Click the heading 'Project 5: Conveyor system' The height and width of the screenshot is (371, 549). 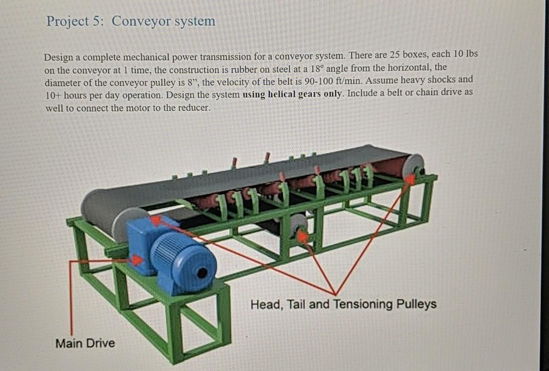tap(131, 22)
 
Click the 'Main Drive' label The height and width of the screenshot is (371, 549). tap(85, 343)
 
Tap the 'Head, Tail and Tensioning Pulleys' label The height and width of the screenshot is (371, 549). tap(343, 304)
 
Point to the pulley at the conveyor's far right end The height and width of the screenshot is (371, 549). tap(414, 166)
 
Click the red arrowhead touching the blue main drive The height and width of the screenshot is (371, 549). tap(136, 260)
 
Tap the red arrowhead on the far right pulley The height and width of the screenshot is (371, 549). tap(410, 179)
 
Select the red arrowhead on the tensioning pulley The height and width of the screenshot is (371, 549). tap(303, 236)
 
